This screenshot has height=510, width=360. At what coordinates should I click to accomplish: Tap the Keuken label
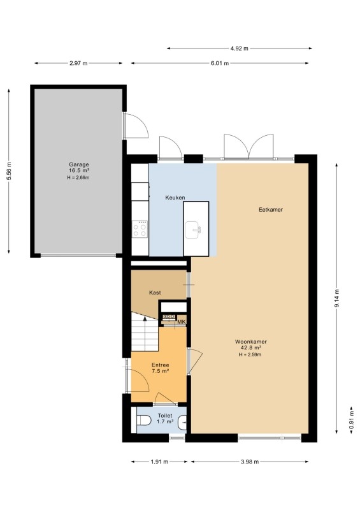click(x=175, y=198)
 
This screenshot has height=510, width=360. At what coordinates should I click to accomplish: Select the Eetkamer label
click(x=271, y=210)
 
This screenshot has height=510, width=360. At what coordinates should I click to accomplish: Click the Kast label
click(x=155, y=293)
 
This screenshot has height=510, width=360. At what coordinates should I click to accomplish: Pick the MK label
click(x=182, y=322)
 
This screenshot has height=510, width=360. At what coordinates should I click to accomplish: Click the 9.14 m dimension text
click(x=337, y=298)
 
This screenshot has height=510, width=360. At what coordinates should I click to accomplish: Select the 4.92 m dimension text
click(x=240, y=48)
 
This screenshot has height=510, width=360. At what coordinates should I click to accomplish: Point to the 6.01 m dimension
click(x=220, y=63)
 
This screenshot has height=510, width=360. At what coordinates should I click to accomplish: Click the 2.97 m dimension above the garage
click(x=78, y=63)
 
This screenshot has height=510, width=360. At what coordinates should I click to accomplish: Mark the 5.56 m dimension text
click(x=9, y=171)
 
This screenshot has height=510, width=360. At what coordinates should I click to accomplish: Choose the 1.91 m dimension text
click(x=159, y=462)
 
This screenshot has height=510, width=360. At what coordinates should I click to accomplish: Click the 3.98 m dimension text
click(x=250, y=462)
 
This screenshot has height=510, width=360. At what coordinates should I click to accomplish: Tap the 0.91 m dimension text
click(x=352, y=421)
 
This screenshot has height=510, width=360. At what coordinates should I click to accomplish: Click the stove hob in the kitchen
click(x=140, y=229)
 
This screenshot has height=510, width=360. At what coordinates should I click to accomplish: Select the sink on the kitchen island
click(x=193, y=230)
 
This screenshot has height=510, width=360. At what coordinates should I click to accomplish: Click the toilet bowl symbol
click(x=144, y=421)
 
